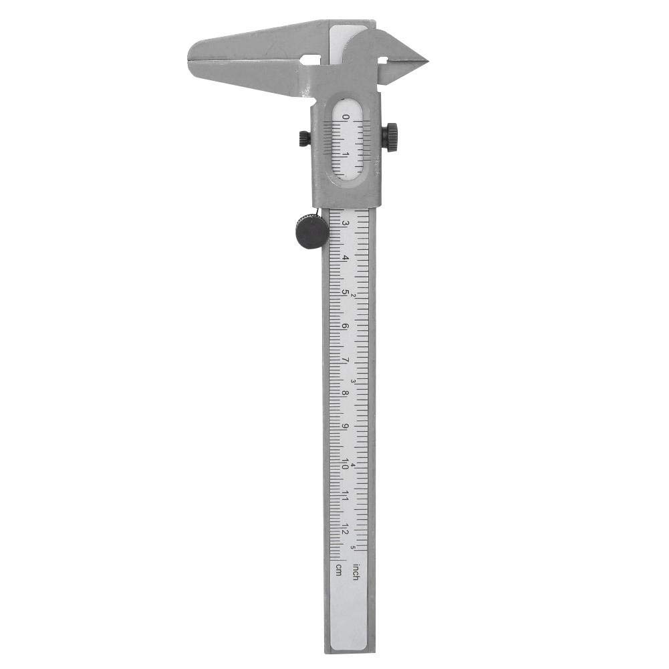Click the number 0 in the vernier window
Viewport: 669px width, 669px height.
coord(346,118)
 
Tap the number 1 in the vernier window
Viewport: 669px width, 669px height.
coord(346,154)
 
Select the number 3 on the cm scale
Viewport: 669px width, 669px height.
coord(346,223)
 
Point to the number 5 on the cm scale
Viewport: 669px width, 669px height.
coord(346,292)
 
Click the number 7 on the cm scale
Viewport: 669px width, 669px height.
coord(346,360)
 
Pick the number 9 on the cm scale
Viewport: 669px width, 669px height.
coord(346,428)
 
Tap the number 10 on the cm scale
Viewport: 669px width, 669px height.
coord(346,462)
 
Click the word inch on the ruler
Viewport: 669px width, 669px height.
coord(356,572)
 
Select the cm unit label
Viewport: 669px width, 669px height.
coord(339,569)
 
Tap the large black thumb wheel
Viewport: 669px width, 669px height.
coord(312,231)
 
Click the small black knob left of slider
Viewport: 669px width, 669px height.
coord(305,138)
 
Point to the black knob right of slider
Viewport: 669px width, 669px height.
coord(390,137)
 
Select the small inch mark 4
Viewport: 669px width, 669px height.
coord(353,465)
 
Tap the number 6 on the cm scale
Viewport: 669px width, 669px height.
coord(346,326)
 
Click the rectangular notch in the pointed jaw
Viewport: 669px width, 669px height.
coord(383,60)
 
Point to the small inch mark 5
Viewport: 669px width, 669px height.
coord(353,549)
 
